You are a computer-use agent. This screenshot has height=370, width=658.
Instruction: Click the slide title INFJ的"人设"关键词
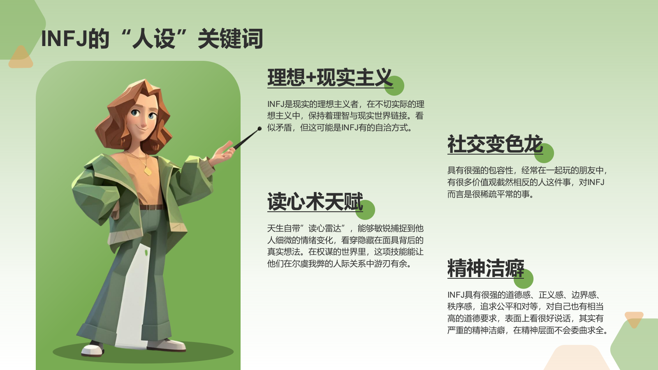152,39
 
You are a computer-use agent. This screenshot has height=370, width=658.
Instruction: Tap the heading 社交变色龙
495,144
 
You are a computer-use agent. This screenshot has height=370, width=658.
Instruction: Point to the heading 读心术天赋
315,202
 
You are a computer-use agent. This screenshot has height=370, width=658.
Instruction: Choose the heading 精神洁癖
485,268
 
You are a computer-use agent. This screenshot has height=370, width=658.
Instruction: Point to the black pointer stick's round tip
259,129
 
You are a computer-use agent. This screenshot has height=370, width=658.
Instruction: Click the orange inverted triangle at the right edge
634,319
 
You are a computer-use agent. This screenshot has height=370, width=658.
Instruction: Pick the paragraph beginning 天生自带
345,246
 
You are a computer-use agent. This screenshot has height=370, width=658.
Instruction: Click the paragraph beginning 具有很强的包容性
527,182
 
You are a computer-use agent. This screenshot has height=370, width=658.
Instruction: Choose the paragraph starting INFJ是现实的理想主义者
345,116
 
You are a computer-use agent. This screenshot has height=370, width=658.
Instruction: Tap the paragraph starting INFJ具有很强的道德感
527,312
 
